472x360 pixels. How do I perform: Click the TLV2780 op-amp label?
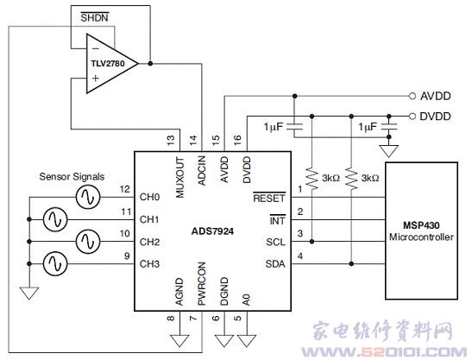coord(108,64)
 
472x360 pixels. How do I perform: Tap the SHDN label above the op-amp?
coord(94,17)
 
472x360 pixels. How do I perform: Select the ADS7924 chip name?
coord(212,231)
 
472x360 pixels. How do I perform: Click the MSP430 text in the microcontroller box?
coord(421,225)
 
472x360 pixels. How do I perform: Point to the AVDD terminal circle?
coord(412,96)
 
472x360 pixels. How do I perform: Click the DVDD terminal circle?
coord(412,117)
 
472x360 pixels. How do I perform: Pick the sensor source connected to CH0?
coord(88,198)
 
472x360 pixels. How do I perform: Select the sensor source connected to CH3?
coord(55,264)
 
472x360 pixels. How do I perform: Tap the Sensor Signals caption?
coord(72,176)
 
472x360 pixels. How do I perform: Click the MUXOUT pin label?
coord(179,177)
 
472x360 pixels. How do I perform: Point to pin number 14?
coord(193,139)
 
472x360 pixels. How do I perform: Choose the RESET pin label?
coord(269,198)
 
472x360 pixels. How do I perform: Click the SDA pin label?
coord(275,264)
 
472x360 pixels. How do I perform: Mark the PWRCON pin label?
coord(202,283)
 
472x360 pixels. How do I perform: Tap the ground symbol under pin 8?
coord(179,340)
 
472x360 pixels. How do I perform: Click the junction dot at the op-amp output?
coord(150,64)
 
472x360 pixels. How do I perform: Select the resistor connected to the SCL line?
coord(312,179)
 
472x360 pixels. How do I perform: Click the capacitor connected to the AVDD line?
coord(295,126)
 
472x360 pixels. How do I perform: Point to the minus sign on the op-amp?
coord(96,48)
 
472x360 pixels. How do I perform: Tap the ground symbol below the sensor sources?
coord(29,294)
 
